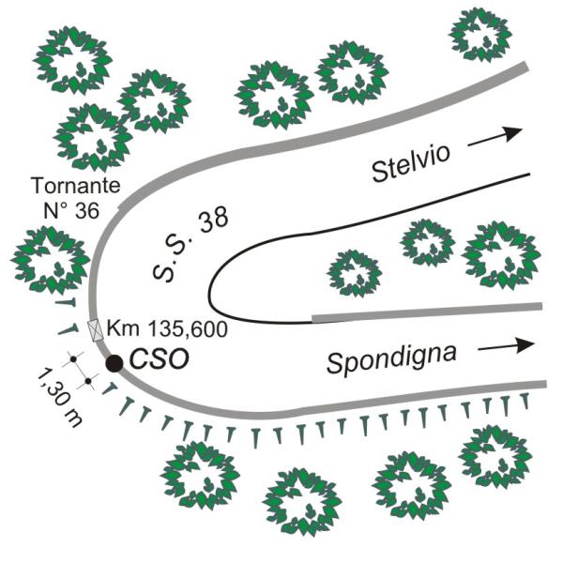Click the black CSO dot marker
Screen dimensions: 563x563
click(x=114, y=363)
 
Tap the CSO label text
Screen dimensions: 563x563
click(x=160, y=359)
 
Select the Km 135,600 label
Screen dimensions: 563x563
click(x=167, y=328)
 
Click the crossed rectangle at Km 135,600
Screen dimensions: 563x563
click(x=96, y=330)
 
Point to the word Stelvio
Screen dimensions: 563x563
click(x=411, y=163)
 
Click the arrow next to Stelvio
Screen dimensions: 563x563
click(x=495, y=137)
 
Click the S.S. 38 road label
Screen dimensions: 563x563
click(x=190, y=245)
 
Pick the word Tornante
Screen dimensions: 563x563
click(x=77, y=186)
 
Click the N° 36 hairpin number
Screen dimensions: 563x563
click(x=71, y=210)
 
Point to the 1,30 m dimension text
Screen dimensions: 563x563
click(x=58, y=398)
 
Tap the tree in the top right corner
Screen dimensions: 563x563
click(x=480, y=35)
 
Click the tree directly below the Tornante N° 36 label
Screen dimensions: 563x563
click(x=50, y=260)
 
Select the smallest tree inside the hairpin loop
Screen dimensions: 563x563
click(x=355, y=273)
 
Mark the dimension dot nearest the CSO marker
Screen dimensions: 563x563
click(x=88, y=381)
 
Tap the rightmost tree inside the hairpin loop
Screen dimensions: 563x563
click(x=501, y=254)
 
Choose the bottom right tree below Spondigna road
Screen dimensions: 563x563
click(x=495, y=457)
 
